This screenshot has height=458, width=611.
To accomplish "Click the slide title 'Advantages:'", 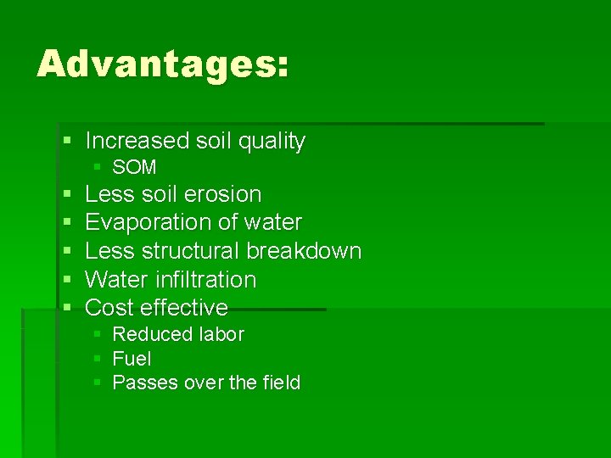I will pyautogui.click(x=162, y=64).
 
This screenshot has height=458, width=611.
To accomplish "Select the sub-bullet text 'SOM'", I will pyautogui.click(x=134, y=168).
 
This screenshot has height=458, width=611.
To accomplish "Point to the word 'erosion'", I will pyautogui.click(x=221, y=194).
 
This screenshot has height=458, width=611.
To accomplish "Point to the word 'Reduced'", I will pyautogui.click(x=149, y=334).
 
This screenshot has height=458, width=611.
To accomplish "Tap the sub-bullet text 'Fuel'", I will pyautogui.click(x=132, y=359).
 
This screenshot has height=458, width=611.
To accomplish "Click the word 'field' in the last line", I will pyautogui.click(x=282, y=383).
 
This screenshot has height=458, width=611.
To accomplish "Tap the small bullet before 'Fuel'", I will pyautogui.click(x=98, y=359).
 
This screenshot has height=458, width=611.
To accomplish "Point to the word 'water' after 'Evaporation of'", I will pyautogui.click(x=272, y=223).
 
